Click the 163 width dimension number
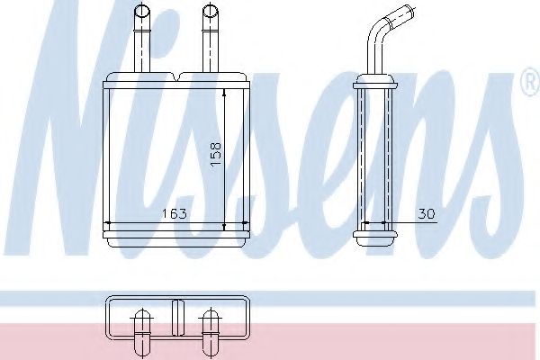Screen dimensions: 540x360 174,213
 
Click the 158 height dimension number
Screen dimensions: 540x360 216,155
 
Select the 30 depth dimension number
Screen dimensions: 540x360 427,214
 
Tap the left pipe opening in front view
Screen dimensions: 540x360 142,11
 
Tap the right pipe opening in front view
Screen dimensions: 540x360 210,11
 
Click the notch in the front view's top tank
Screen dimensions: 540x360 176,76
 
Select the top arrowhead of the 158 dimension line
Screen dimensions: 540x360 224,93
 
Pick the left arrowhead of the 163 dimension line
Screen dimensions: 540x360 107,223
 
